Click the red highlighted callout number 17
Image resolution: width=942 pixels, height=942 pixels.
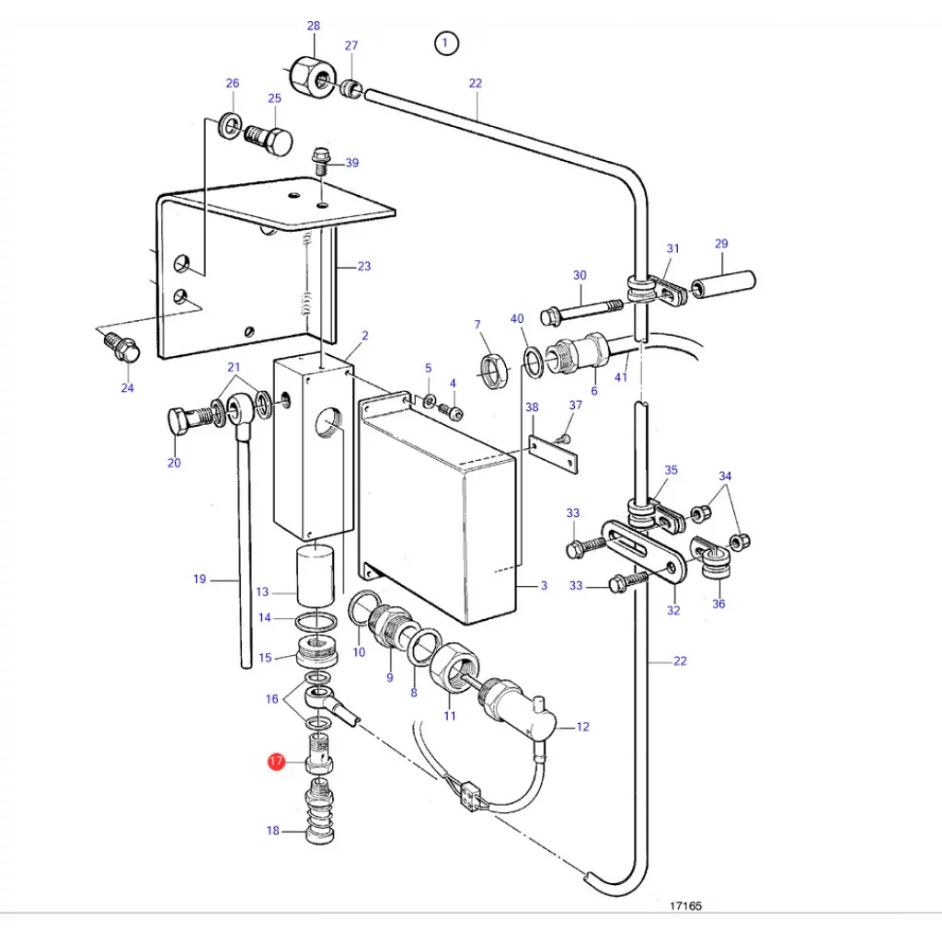tap(276, 761)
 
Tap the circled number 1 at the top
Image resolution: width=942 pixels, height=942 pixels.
tap(446, 43)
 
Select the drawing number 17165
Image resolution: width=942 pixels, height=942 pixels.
tap(685, 905)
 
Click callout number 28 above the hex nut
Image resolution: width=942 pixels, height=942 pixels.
tap(314, 26)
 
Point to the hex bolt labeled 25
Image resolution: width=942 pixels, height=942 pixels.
tap(269, 140)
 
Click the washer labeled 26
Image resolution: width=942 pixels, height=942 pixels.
tap(229, 124)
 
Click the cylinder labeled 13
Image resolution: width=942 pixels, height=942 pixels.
tap(316, 575)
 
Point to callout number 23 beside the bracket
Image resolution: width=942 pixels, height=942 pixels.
tap(364, 266)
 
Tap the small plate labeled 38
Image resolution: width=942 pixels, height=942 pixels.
tap(553, 454)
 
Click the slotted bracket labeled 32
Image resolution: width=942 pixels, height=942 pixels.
tap(644, 551)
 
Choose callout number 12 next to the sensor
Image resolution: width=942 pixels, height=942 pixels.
tap(582, 727)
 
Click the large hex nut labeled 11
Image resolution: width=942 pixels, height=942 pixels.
tap(454, 668)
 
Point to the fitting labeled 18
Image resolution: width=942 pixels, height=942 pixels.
tap(320, 810)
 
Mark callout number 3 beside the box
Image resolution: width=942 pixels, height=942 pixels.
tap(544, 585)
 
